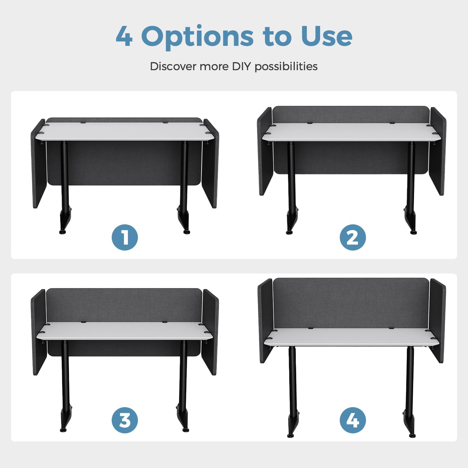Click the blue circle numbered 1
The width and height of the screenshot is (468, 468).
(125, 237)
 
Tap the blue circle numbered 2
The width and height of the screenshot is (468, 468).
(353, 237)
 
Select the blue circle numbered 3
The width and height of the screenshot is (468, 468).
(125, 420)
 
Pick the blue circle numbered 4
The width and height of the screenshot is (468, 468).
(353, 420)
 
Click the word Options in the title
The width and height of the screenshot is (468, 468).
(197, 37)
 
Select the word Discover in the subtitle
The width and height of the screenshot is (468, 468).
(173, 66)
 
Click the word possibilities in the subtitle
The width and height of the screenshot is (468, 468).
(286, 66)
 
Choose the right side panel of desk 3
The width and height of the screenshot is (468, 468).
(211, 332)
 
